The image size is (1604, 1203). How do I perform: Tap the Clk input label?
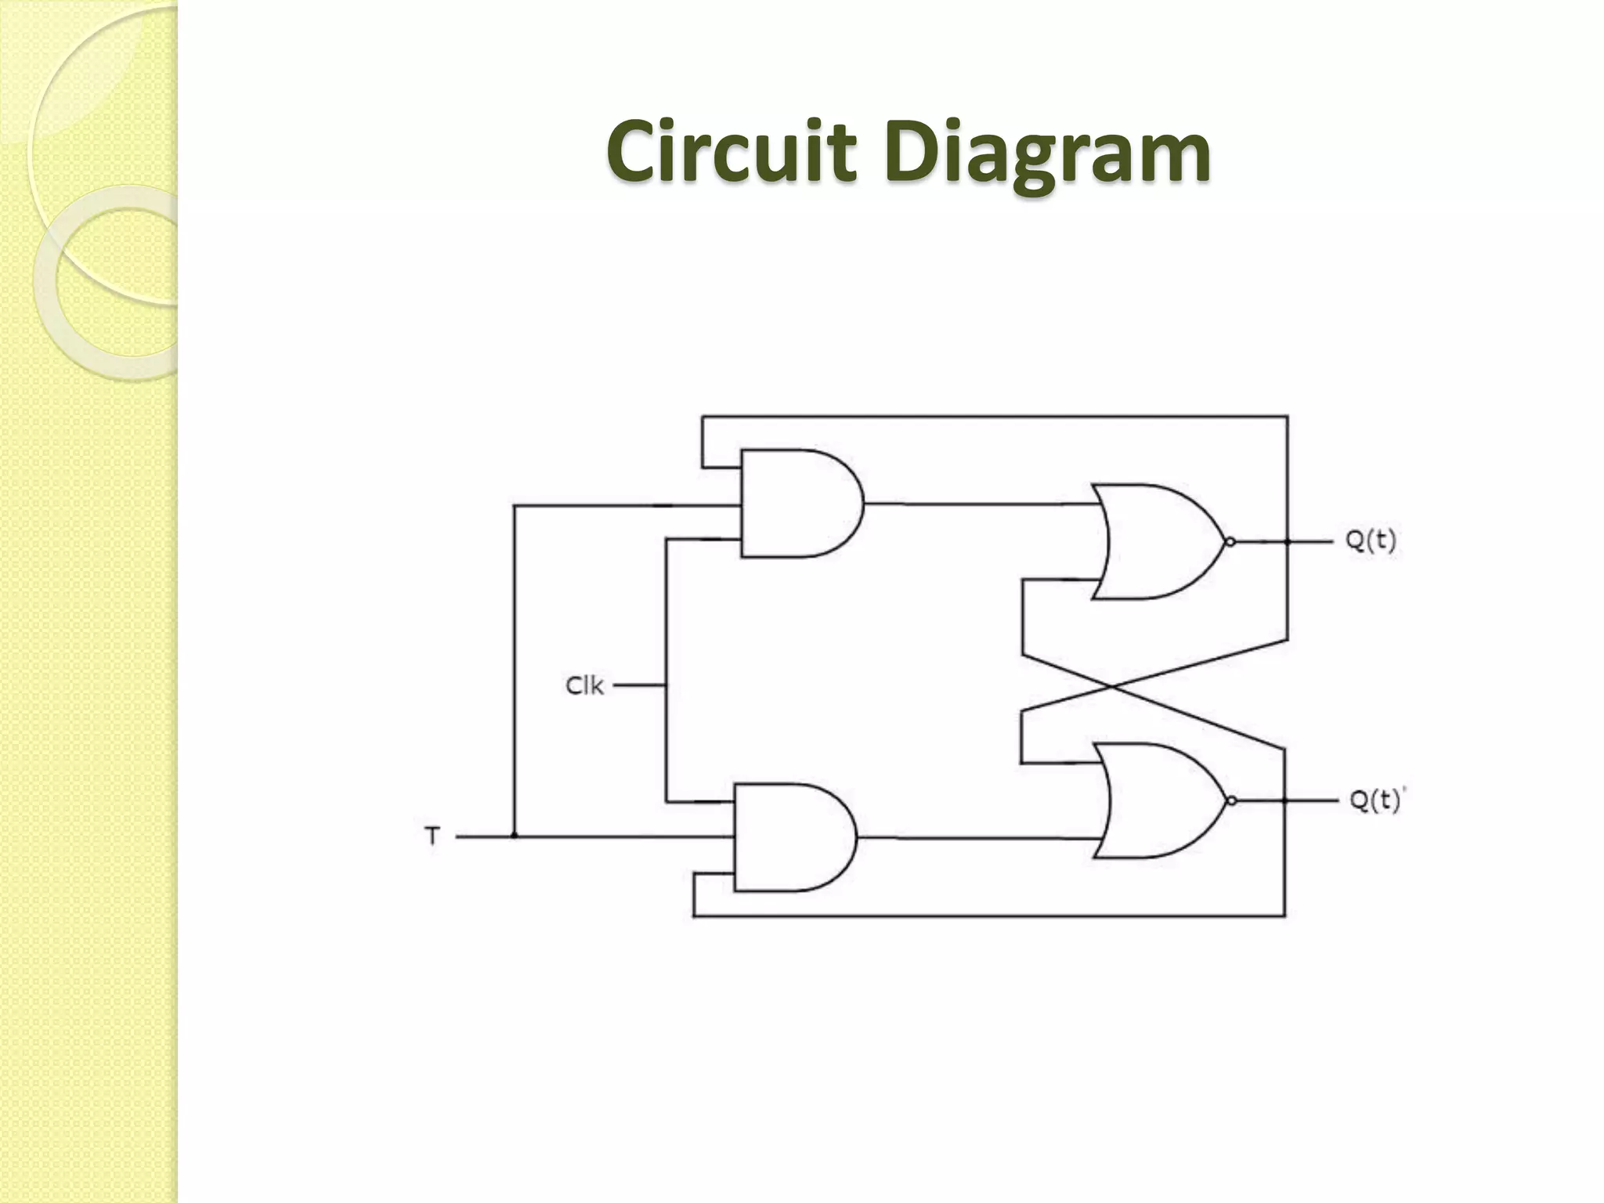coord(584,686)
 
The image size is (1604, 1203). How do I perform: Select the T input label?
coord(432,836)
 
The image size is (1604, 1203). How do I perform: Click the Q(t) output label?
coord(1371,540)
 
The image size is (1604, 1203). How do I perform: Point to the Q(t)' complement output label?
coord(1377,800)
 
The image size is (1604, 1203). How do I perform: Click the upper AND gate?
coord(795,504)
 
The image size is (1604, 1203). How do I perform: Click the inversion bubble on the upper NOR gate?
coord(1230,542)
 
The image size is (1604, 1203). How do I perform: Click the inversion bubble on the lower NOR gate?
coord(1231,800)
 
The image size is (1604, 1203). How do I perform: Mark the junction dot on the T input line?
coord(515,836)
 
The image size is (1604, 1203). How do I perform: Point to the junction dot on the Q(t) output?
coord(1288,542)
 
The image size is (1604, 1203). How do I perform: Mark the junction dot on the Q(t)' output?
coord(1285,800)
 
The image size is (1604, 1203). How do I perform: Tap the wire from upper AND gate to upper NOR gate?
coord(979,504)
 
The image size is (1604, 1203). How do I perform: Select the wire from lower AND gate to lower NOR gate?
coord(975,838)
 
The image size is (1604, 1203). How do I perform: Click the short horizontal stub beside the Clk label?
coord(639,685)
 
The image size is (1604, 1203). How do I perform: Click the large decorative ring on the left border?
coord(110,282)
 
